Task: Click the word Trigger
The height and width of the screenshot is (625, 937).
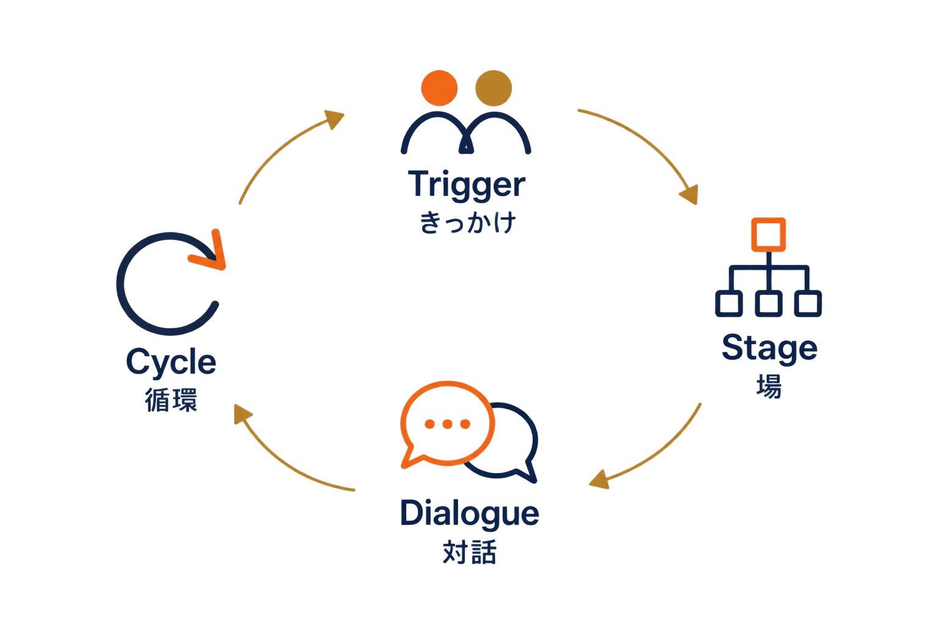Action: point(467,184)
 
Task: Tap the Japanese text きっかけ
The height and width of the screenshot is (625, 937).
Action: point(468,222)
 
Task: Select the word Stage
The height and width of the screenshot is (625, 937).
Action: point(769,349)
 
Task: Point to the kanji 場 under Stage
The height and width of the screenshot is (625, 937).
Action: point(769,386)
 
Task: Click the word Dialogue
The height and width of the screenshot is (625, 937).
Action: point(469,513)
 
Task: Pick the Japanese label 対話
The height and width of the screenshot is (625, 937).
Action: point(469,552)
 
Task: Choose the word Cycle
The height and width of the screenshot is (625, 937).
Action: point(171,363)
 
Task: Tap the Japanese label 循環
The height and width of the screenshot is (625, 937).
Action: point(171,400)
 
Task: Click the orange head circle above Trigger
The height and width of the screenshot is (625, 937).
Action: point(439,88)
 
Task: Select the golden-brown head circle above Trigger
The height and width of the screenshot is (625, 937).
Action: point(494,88)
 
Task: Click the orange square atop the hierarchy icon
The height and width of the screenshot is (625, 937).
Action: point(769,235)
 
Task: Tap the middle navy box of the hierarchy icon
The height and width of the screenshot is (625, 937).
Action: point(769,303)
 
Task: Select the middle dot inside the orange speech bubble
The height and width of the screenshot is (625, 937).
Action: point(447,424)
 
